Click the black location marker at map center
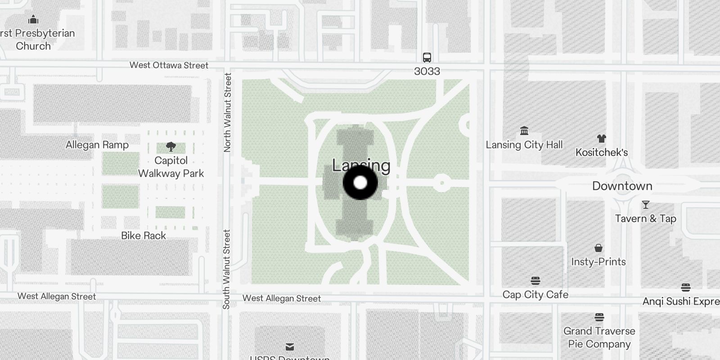(360, 183)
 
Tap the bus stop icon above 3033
(427, 58)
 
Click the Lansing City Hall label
(524, 145)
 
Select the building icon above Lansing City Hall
(524, 131)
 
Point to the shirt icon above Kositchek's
(601, 139)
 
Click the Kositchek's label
(601, 153)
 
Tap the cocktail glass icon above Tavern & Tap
(645, 205)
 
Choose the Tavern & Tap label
(645, 219)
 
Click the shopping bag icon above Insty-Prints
(598, 248)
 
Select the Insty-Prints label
(598, 262)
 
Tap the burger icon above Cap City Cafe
(535, 281)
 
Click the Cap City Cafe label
(535, 295)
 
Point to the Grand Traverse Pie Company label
(599, 337)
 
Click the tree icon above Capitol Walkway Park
(171, 147)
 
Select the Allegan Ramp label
(97, 145)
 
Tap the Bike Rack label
(144, 236)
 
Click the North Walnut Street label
(227, 112)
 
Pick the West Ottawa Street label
(169, 65)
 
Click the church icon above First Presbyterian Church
(33, 20)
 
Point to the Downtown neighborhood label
(622, 186)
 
